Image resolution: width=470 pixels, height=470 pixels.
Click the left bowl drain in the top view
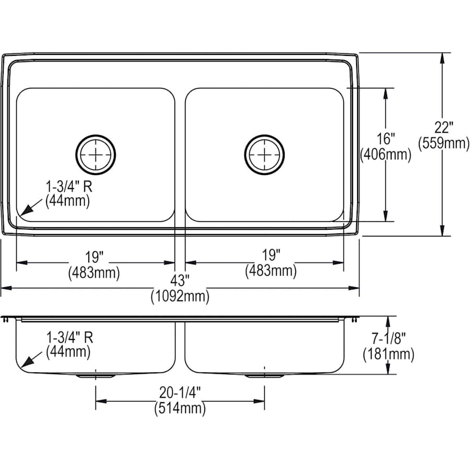click(x=96, y=154)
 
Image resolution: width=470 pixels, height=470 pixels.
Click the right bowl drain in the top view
click(x=265, y=154)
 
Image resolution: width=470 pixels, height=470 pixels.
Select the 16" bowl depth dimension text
click(x=386, y=139)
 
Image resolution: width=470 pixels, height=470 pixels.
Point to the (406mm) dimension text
click(x=386, y=155)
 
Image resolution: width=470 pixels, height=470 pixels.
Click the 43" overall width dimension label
click(x=180, y=281)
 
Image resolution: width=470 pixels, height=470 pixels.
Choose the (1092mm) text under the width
click(x=180, y=297)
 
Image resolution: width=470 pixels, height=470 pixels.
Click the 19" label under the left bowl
click(x=95, y=256)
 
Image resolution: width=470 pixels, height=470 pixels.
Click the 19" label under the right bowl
click(x=271, y=255)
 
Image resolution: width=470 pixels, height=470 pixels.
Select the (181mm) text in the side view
click(x=389, y=355)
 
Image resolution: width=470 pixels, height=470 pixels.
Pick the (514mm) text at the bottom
click(x=179, y=408)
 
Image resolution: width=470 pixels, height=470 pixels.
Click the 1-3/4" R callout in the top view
click(x=72, y=185)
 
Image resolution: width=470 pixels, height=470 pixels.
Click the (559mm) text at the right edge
click(x=444, y=143)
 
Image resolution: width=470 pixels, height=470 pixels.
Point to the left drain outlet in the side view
click(x=95, y=375)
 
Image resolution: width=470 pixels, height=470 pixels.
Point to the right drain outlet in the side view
click(x=264, y=375)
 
